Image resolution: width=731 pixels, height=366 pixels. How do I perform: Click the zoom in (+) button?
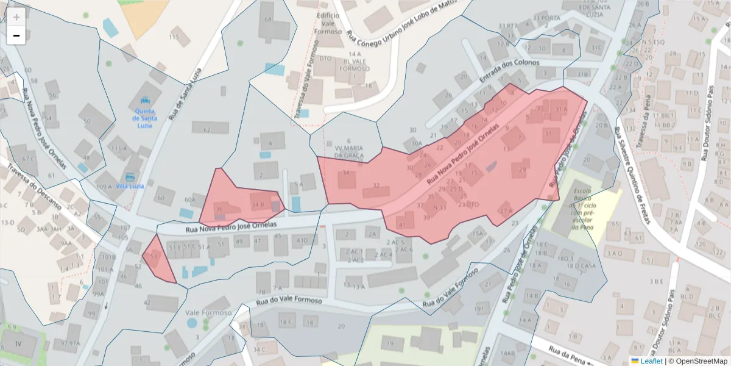point(16,17)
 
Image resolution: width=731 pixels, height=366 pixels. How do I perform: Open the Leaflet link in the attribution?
point(646,361)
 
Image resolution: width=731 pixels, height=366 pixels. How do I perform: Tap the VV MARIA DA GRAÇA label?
point(348,151)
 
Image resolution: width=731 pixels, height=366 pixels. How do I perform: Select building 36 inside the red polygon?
point(219,209)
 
